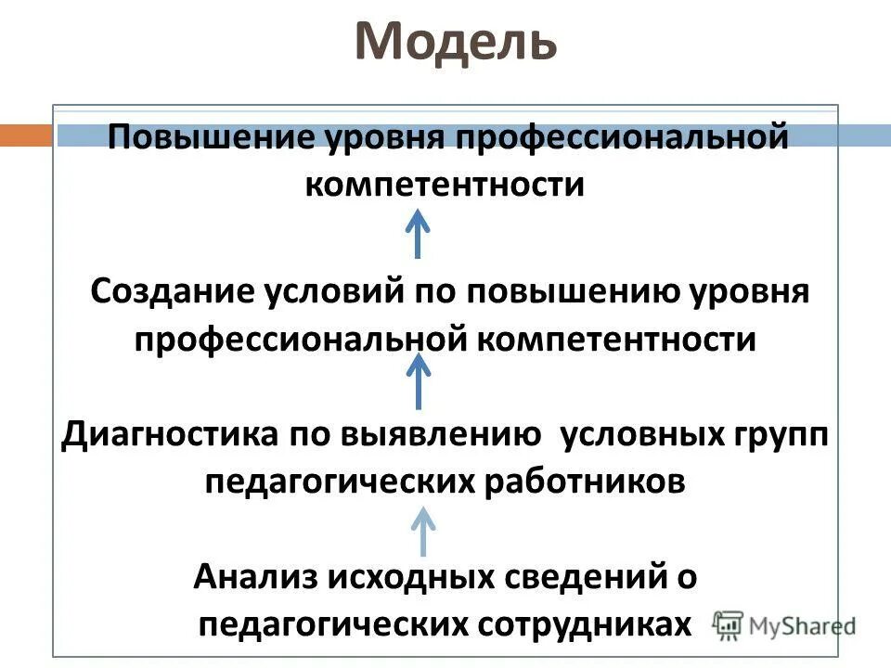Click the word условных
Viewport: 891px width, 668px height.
646,435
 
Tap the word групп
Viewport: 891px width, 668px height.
785,437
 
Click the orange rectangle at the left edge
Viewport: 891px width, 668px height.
25,135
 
